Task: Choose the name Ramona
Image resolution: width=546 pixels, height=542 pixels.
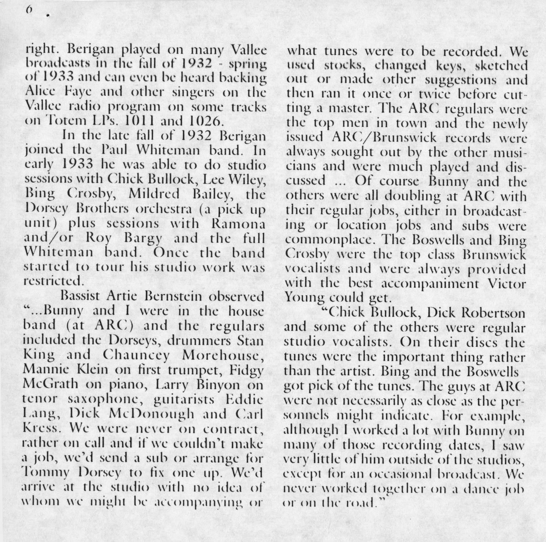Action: point(237,223)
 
